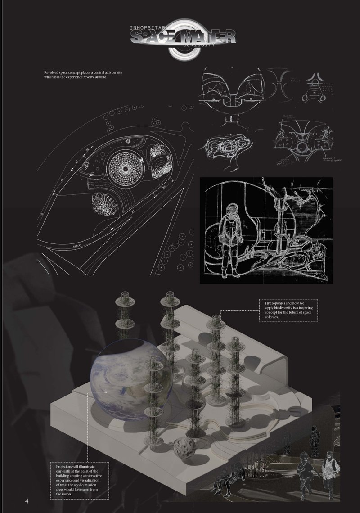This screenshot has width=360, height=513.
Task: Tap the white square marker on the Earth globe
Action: click(105, 392)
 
